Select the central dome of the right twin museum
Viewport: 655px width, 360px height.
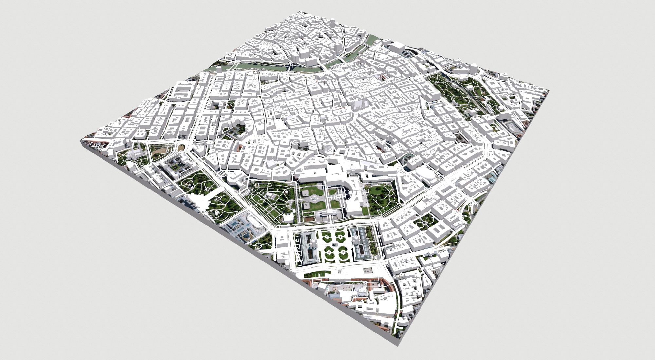click(356, 241)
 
